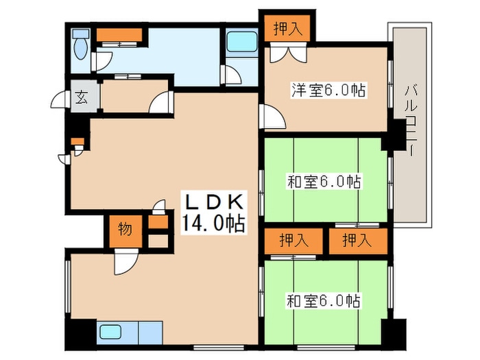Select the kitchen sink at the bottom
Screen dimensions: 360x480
(110, 333)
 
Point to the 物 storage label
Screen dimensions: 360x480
(123, 229)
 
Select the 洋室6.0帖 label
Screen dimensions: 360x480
(328, 90)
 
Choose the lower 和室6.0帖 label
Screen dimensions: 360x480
(324, 300)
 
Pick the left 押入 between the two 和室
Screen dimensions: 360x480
(292, 241)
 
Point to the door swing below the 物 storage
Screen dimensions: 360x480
(125, 262)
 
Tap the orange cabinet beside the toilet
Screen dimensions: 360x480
(119, 34)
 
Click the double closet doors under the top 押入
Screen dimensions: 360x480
(285, 53)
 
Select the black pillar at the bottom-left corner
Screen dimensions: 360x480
(80, 334)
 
